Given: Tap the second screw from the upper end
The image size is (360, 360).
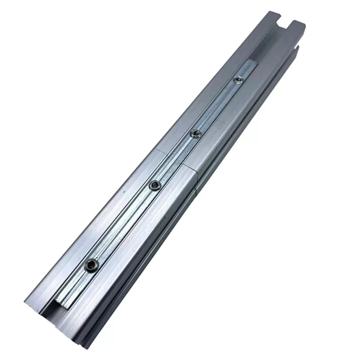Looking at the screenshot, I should tap(195, 133).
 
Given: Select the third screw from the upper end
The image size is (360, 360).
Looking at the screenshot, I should tap(155, 184).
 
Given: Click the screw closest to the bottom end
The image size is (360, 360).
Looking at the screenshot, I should tap(92, 265).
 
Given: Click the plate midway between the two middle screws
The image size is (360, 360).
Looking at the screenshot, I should tap(175, 158).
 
